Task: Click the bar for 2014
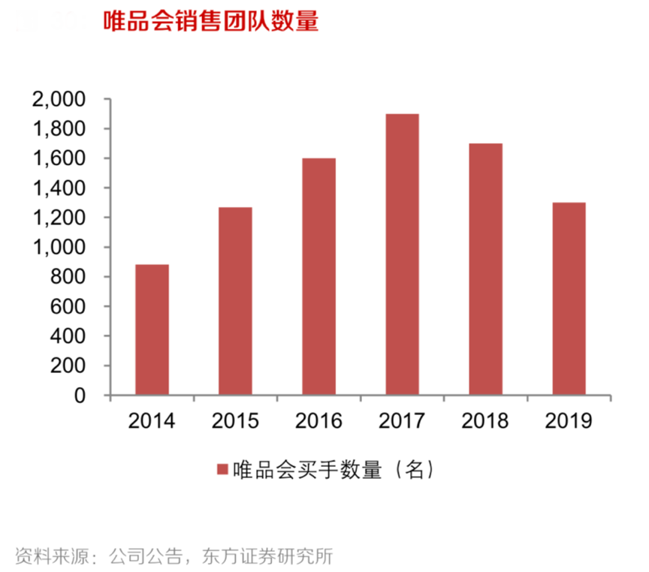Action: [152, 330]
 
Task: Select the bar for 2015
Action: [235, 301]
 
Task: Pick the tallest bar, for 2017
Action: [402, 254]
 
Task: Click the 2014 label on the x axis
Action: [152, 421]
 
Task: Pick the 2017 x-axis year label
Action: [402, 421]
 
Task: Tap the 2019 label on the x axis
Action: [569, 421]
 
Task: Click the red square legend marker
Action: [222, 470]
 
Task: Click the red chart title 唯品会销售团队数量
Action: [210, 21]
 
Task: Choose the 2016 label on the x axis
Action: [318, 421]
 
